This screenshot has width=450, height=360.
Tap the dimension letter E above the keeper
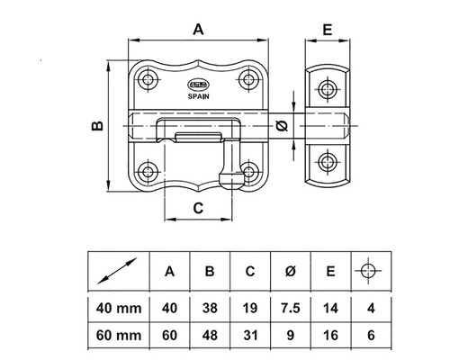[x=327, y=29]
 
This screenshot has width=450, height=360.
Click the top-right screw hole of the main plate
[x=247, y=80]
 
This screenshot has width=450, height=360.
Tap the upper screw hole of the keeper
[x=327, y=88]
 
